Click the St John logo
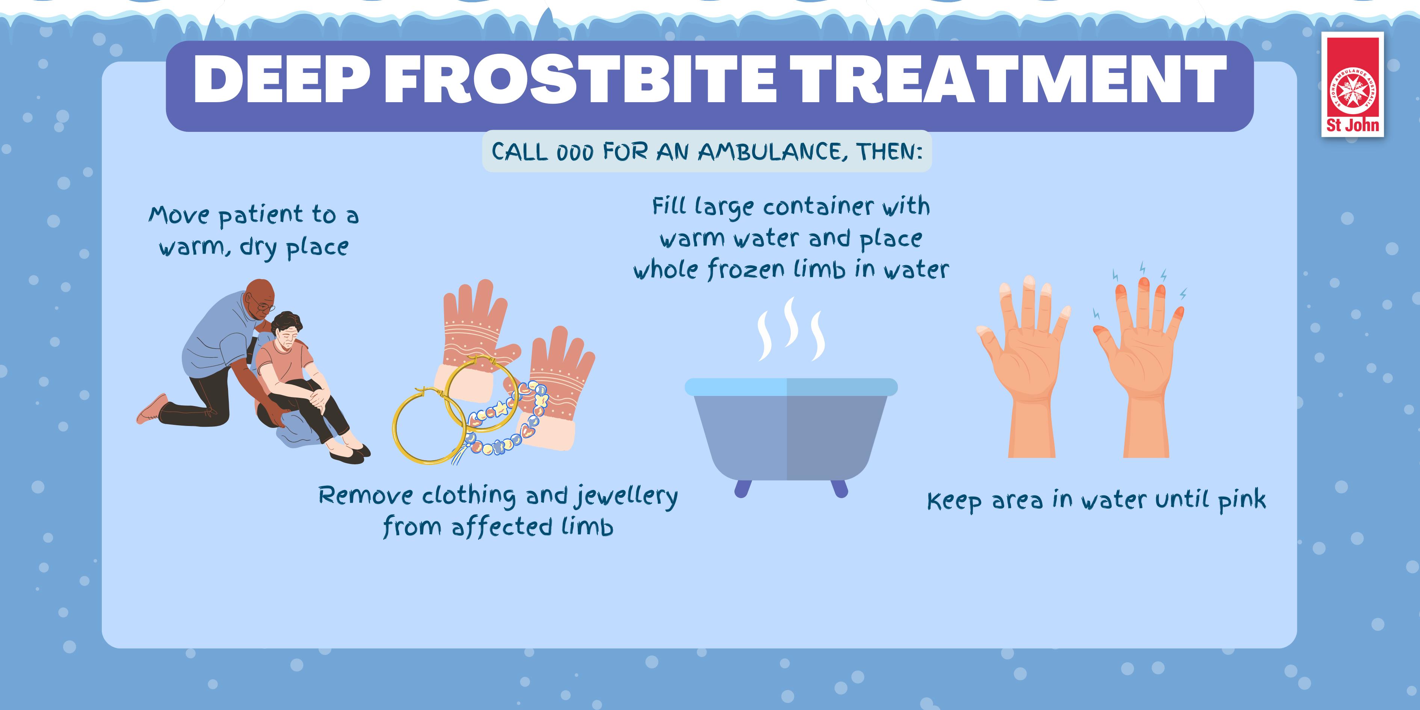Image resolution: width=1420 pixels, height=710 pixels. (1352, 85)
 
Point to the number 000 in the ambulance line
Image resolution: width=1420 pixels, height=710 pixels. (575, 152)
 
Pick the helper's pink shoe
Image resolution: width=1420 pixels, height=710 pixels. (152, 409)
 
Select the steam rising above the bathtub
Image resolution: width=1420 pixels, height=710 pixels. (792, 329)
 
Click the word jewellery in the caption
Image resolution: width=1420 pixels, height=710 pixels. (625, 496)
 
